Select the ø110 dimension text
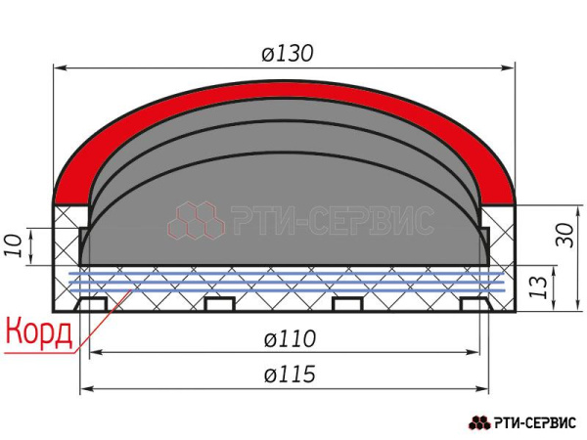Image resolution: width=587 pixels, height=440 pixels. click(x=290, y=339)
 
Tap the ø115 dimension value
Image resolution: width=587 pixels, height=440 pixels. click(x=290, y=374)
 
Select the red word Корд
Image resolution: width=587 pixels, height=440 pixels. click(x=39, y=332)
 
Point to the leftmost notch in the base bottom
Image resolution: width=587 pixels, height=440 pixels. click(x=92, y=304)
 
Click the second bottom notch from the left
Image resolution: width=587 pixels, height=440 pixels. click(x=220, y=304)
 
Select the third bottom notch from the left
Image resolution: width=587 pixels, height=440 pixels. click(x=349, y=304)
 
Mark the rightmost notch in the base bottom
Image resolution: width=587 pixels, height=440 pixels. click(x=476, y=304)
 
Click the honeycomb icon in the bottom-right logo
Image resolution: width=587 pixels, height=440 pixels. click(x=479, y=422)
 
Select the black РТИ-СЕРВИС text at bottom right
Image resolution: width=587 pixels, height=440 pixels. click(x=534, y=422)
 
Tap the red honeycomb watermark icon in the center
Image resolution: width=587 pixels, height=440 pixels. click(x=196, y=221)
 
